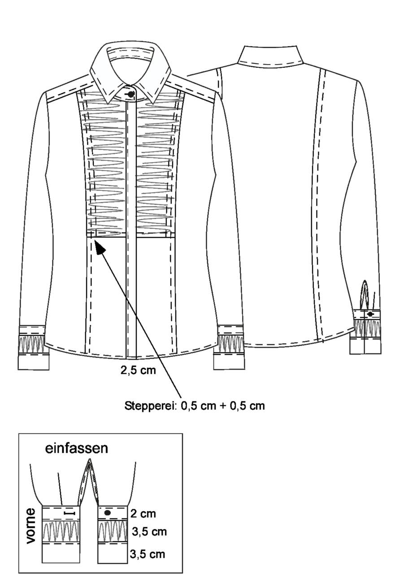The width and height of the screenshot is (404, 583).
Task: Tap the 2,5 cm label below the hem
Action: [x=138, y=370]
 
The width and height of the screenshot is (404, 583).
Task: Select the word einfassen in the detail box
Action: [x=77, y=448]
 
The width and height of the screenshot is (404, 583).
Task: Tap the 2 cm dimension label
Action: [x=143, y=513]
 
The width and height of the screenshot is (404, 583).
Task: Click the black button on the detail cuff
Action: [x=107, y=513]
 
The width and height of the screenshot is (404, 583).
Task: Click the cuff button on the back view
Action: [x=370, y=314]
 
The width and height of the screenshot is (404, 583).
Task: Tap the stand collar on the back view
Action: [x=271, y=55]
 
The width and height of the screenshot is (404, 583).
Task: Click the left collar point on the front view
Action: [x=109, y=102]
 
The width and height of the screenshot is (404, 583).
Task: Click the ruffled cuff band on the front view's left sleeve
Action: [x=32, y=345]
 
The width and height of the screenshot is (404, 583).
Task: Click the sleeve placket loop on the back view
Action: [x=365, y=295]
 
